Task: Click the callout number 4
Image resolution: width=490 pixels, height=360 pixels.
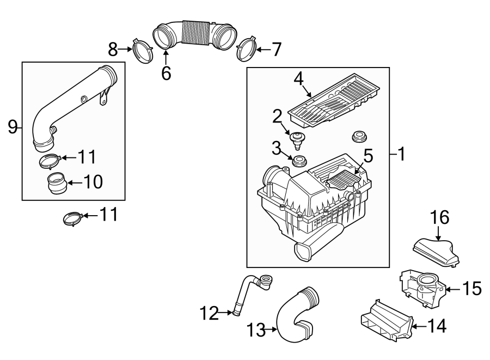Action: [x=298, y=78]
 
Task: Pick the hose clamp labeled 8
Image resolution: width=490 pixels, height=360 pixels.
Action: [x=143, y=50]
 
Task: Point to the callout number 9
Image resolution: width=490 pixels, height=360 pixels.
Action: [x=12, y=127]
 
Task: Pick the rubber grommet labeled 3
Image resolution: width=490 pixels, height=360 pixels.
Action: [x=299, y=162]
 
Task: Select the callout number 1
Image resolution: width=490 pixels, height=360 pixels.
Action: [x=401, y=155]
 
